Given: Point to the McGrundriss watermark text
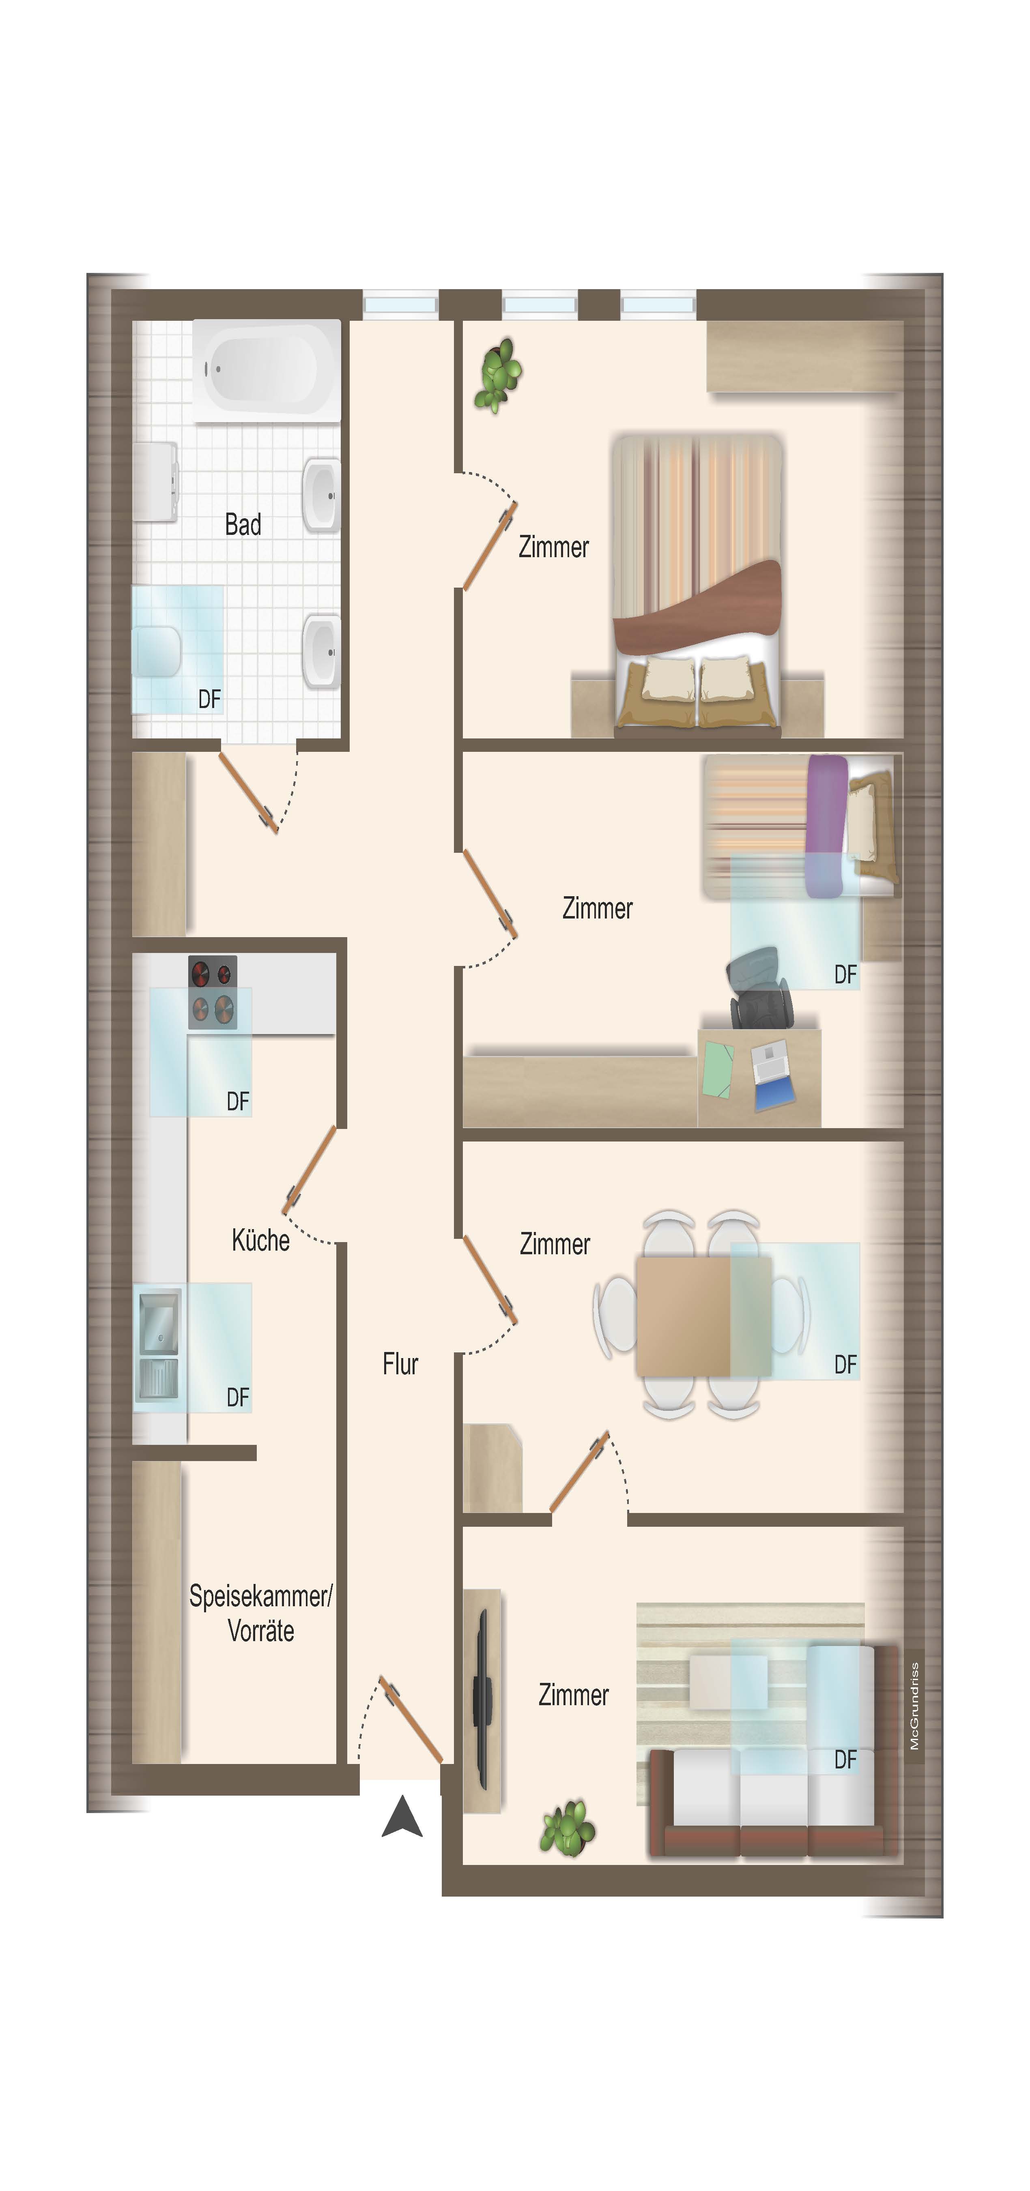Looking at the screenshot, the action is coord(914,1705).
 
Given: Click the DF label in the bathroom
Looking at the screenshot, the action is coord(209,699).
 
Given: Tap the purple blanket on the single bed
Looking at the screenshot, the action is coord(826,825).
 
